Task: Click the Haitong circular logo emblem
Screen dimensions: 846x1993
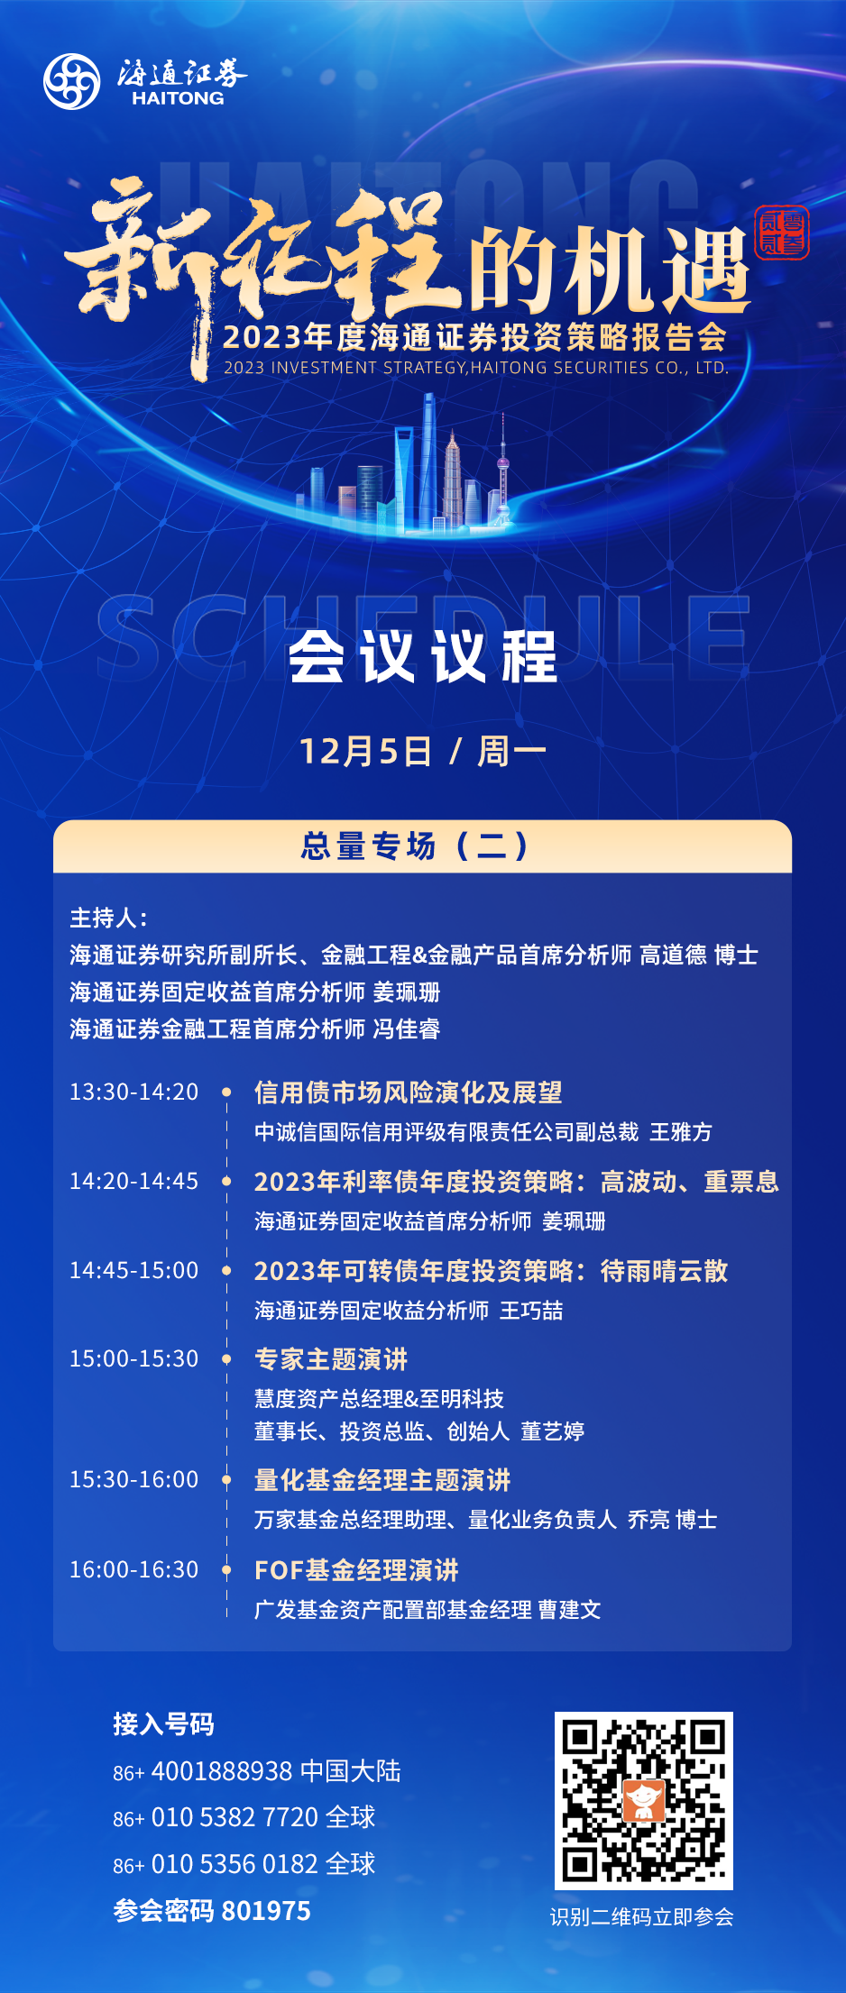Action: tap(72, 81)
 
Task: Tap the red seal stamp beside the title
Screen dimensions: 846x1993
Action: tap(782, 233)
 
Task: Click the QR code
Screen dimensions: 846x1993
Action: tap(643, 1800)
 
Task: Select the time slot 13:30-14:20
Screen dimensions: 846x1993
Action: tap(134, 1092)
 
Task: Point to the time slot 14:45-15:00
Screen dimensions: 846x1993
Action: tap(134, 1270)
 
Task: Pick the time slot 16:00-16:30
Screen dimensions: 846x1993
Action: tap(134, 1569)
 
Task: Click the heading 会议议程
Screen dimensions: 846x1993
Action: tap(423, 656)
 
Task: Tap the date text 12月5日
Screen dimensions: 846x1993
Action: tap(365, 751)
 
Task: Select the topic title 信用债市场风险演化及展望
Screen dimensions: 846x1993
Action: tap(409, 1092)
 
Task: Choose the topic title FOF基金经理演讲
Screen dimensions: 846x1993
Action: tap(356, 1570)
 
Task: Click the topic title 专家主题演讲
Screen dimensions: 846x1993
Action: tap(331, 1359)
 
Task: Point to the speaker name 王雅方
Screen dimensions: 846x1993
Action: tap(681, 1132)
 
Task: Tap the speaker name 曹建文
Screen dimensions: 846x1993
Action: tap(569, 1610)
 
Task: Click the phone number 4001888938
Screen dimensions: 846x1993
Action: tap(222, 1771)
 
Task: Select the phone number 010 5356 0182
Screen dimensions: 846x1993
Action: tap(234, 1864)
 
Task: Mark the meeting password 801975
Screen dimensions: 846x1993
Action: tap(266, 1911)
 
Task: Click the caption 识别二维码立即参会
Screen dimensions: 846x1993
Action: tap(642, 1917)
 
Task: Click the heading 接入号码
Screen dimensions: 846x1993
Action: tap(163, 1724)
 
